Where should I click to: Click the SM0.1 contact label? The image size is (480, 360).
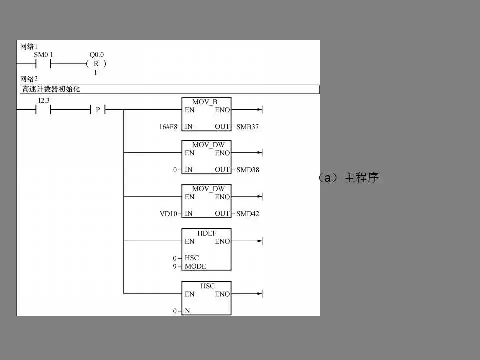click(x=43, y=55)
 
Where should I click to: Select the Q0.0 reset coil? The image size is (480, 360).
click(x=96, y=64)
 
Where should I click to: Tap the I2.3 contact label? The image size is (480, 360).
click(x=44, y=101)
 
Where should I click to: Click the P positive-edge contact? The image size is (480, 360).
click(x=98, y=110)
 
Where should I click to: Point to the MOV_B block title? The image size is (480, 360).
click(x=205, y=102)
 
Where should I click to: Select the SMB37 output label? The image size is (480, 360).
click(x=248, y=127)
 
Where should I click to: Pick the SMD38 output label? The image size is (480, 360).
click(x=248, y=170)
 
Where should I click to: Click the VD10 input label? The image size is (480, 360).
click(x=168, y=214)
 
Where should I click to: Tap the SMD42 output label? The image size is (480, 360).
click(x=248, y=214)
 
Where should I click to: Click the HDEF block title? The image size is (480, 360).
click(x=207, y=232)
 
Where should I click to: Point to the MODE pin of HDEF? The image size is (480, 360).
click(x=195, y=266)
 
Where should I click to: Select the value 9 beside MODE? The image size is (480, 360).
click(x=175, y=266)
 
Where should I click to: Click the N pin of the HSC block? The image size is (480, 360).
click(x=187, y=311)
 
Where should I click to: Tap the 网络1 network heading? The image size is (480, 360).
click(x=29, y=47)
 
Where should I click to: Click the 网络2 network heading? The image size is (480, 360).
click(x=29, y=79)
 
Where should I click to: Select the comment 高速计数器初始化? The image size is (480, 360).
click(x=51, y=89)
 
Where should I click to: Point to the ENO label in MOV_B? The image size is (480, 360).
click(x=223, y=110)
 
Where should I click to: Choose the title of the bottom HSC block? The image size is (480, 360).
click(x=207, y=286)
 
